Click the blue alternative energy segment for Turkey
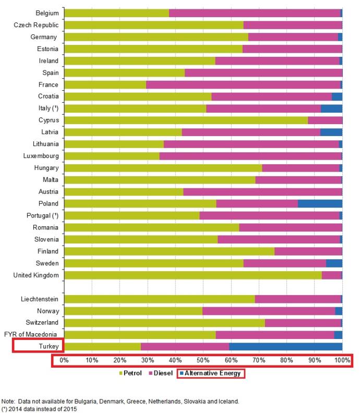point(286,347)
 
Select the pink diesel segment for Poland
point(257,203)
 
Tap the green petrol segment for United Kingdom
point(193,275)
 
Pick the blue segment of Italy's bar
point(331,108)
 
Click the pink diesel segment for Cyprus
point(325,120)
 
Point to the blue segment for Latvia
point(331,132)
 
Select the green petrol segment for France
point(105,85)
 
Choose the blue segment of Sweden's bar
point(334,263)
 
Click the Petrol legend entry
point(130,373)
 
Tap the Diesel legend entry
point(161,373)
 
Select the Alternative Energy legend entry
point(210,373)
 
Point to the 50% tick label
point(203,360)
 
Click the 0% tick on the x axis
point(64,360)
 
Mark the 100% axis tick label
point(342,360)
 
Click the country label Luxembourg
point(41,156)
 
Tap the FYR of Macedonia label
point(31,334)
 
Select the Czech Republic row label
point(36,25)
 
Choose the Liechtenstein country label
point(40,299)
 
